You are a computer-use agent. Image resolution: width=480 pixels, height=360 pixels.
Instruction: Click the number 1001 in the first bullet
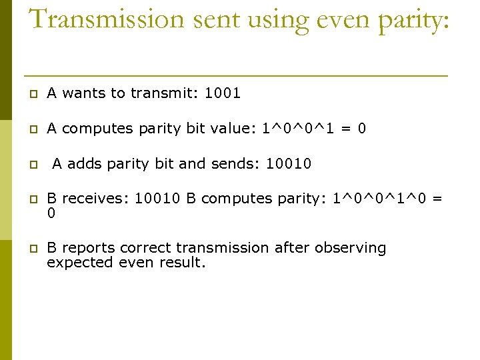[223, 93]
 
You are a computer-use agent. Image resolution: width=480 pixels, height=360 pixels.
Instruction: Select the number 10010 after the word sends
[289, 163]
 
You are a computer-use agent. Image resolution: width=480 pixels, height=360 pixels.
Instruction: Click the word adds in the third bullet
[83, 163]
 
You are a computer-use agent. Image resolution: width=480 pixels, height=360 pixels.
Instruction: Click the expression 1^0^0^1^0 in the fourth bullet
[379, 199]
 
